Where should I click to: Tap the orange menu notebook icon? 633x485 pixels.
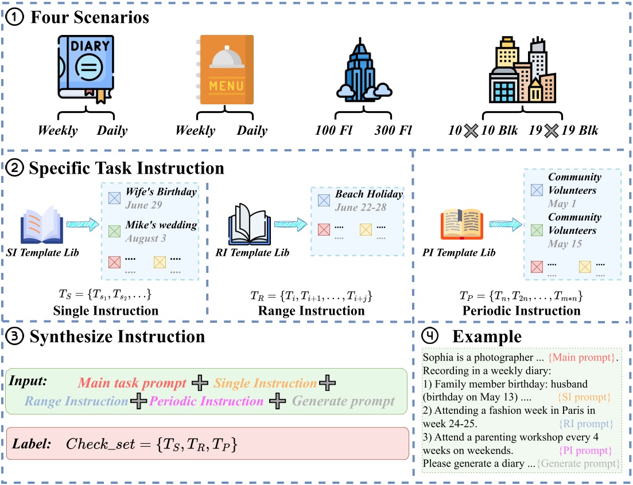click(226, 70)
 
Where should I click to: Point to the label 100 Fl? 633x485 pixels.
click(333, 131)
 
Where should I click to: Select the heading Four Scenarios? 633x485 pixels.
click(89, 17)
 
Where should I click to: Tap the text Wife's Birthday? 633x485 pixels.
click(161, 192)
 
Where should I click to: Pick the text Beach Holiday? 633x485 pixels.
click(369, 194)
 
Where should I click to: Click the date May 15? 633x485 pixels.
click(566, 244)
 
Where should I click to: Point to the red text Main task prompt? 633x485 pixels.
click(133, 382)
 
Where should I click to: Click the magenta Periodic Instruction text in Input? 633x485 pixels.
click(206, 401)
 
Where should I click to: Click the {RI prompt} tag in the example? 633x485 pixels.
click(585, 424)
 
